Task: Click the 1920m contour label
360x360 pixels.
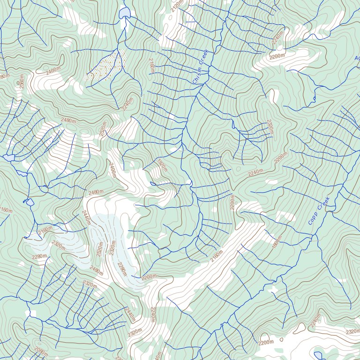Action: (x=162, y=165)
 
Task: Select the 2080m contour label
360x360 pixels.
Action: (x=41, y=350)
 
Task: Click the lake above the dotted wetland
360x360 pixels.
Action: (x=125, y=12)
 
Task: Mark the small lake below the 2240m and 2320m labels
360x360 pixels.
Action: (x=319, y=355)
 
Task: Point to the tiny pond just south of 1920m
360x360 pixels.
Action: (x=152, y=183)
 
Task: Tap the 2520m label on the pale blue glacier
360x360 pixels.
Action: (x=99, y=249)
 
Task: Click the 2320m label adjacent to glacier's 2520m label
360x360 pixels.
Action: (x=112, y=247)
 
